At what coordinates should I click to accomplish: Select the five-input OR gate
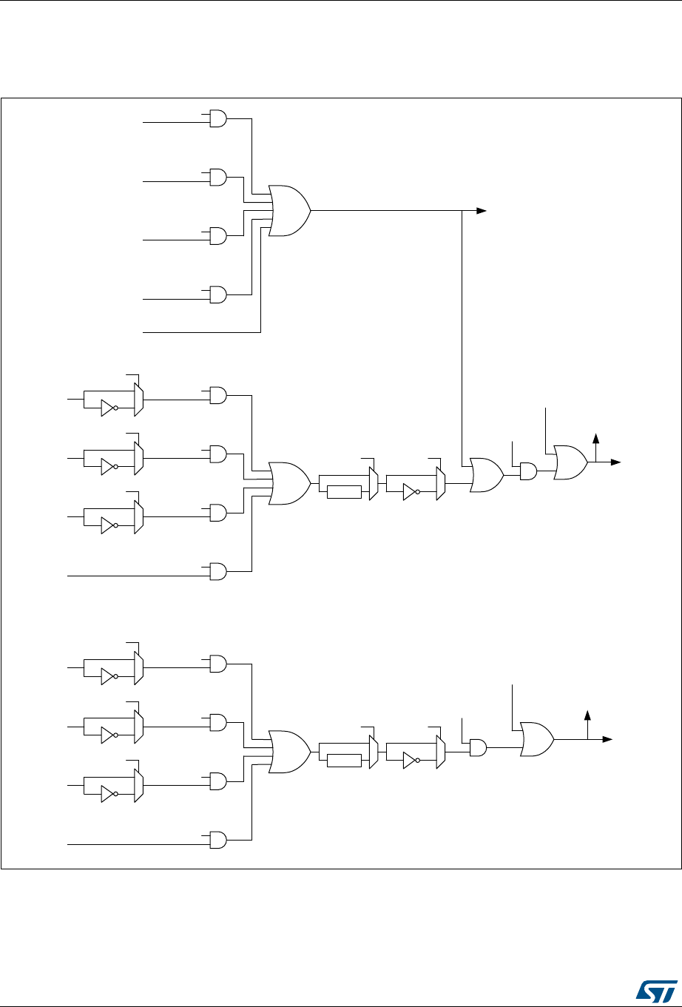click(x=288, y=210)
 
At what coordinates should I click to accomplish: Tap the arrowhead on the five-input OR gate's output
click(x=482, y=211)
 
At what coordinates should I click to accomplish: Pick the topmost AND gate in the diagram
click(x=218, y=118)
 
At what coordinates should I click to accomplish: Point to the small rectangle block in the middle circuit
click(x=343, y=492)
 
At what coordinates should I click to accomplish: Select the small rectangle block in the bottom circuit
click(x=343, y=761)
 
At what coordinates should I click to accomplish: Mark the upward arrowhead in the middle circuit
click(x=595, y=438)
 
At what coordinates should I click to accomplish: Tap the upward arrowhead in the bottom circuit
click(x=588, y=715)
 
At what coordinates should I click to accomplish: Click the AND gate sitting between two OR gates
click(x=529, y=471)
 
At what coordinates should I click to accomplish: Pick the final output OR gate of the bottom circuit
click(x=536, y=739)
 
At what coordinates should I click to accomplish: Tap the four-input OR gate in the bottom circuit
click(x=288, y=752)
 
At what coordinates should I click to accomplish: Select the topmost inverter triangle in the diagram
click(x=108, y=408)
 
